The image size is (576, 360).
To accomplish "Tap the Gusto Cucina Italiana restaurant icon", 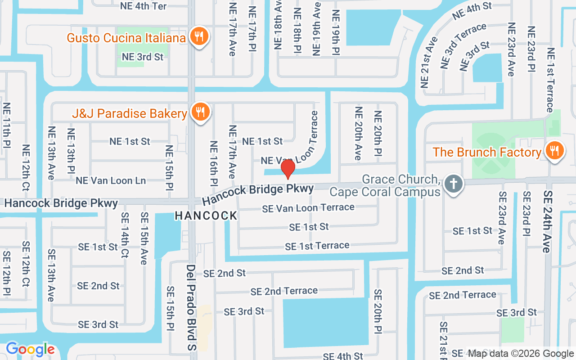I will point(198,36).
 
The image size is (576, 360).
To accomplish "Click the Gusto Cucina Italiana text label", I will point(126,38).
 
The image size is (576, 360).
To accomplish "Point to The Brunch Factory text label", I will point(487,152).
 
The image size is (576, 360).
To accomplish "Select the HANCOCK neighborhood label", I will point(206,216).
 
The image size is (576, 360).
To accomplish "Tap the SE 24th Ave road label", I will point(547,221).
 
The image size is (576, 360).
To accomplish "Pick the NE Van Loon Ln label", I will point(111,180).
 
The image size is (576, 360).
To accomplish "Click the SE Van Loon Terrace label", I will point(308,207).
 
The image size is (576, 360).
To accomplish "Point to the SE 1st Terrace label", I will point(317,246).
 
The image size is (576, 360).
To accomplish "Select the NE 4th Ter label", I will point(144,6).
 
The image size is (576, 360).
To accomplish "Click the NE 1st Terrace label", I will point(550,80).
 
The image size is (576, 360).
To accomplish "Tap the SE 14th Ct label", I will point(125,235).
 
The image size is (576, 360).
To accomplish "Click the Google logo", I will point(30,349).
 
